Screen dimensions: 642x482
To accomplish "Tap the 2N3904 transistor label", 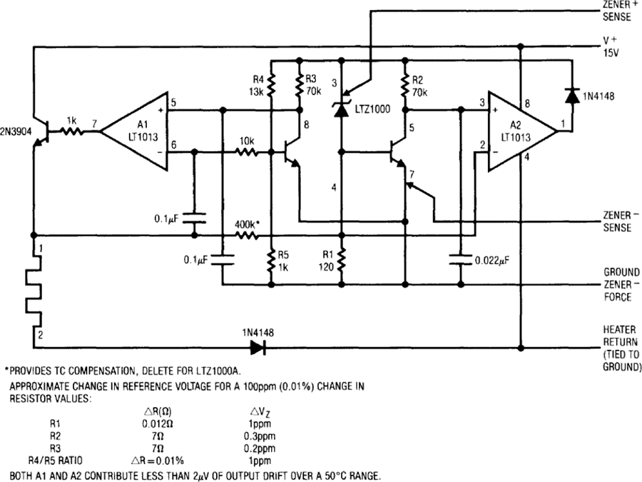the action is coord(16,131).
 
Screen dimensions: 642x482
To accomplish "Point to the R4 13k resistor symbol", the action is coord(271,85).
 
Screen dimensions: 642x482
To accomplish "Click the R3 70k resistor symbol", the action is coord(300,85).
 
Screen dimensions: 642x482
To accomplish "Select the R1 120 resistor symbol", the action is coord(342,260).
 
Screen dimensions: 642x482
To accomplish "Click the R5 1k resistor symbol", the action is coord(271,260).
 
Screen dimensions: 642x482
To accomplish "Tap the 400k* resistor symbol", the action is coord(247,236).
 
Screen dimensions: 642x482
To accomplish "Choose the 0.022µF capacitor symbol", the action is coord(461,260).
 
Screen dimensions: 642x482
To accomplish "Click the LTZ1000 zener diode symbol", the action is coord(342,109).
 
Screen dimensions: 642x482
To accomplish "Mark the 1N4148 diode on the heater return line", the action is coord(258,348).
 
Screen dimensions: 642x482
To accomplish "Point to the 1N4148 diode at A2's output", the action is coord(572,95).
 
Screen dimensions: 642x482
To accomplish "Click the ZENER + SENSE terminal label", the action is coord(617,11).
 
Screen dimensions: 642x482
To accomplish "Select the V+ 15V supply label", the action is coord(611,46).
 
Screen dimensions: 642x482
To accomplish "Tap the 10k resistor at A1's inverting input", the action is coord(247,153).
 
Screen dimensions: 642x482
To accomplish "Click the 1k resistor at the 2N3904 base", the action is coord(72,131).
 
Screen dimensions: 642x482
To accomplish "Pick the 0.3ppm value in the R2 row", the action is coord(260,436).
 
